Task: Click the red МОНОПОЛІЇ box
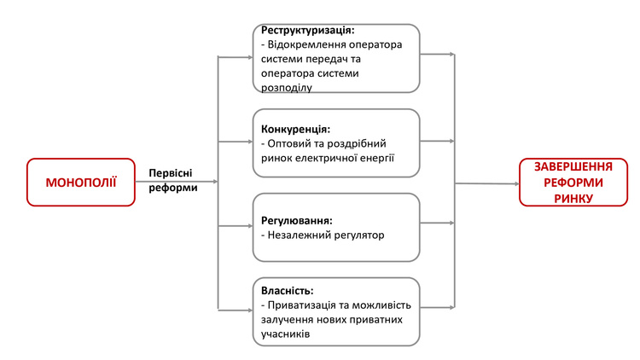coord(81,182)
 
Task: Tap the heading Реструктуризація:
coord(308,30)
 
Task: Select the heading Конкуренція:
coord(295,130)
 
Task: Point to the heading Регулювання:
coord(297,221)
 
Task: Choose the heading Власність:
coord(288,291)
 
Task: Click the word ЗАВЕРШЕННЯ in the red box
coord(573,167)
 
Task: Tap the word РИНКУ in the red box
coord(573,199)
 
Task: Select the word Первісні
coord(170,173)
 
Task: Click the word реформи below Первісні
coord(173,188)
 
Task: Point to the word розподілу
coord(287,88)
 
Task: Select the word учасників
coord(285,334)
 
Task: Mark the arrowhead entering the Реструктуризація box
coord(251,57)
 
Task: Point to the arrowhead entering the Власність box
coord(251,311)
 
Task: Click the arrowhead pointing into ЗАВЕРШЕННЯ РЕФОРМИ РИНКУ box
coord(516,183)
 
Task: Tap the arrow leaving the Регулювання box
coord(437,223)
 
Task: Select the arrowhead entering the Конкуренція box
coord(251,142)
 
